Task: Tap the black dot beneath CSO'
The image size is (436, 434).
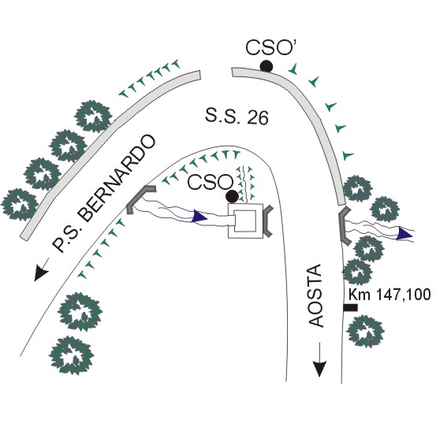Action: tap(266, 66)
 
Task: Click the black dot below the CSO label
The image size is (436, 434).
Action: tap(232, 196)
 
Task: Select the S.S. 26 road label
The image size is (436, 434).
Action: tap(237, 117)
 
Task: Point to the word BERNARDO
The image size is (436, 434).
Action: tap(115, 178)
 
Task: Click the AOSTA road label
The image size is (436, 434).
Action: tap(316, 295)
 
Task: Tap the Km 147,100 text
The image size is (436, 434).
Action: tap(389, 295)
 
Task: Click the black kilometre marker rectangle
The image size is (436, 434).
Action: tap(350, 307)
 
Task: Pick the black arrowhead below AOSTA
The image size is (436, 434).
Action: tap(319, 369)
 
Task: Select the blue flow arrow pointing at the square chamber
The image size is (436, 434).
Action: tap(200, 216)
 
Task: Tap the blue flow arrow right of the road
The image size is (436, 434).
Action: tap(405, 233)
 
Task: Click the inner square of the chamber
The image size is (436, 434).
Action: tap(245, 221)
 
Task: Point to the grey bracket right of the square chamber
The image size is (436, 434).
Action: tap(268, 221)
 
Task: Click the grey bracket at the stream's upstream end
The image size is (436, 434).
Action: tap(140, 199)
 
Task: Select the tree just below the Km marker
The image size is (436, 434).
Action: tap(365, 331)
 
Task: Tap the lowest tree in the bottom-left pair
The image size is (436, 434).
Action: tap(72, 355)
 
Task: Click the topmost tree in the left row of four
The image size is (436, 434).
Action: tap(94, 116)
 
